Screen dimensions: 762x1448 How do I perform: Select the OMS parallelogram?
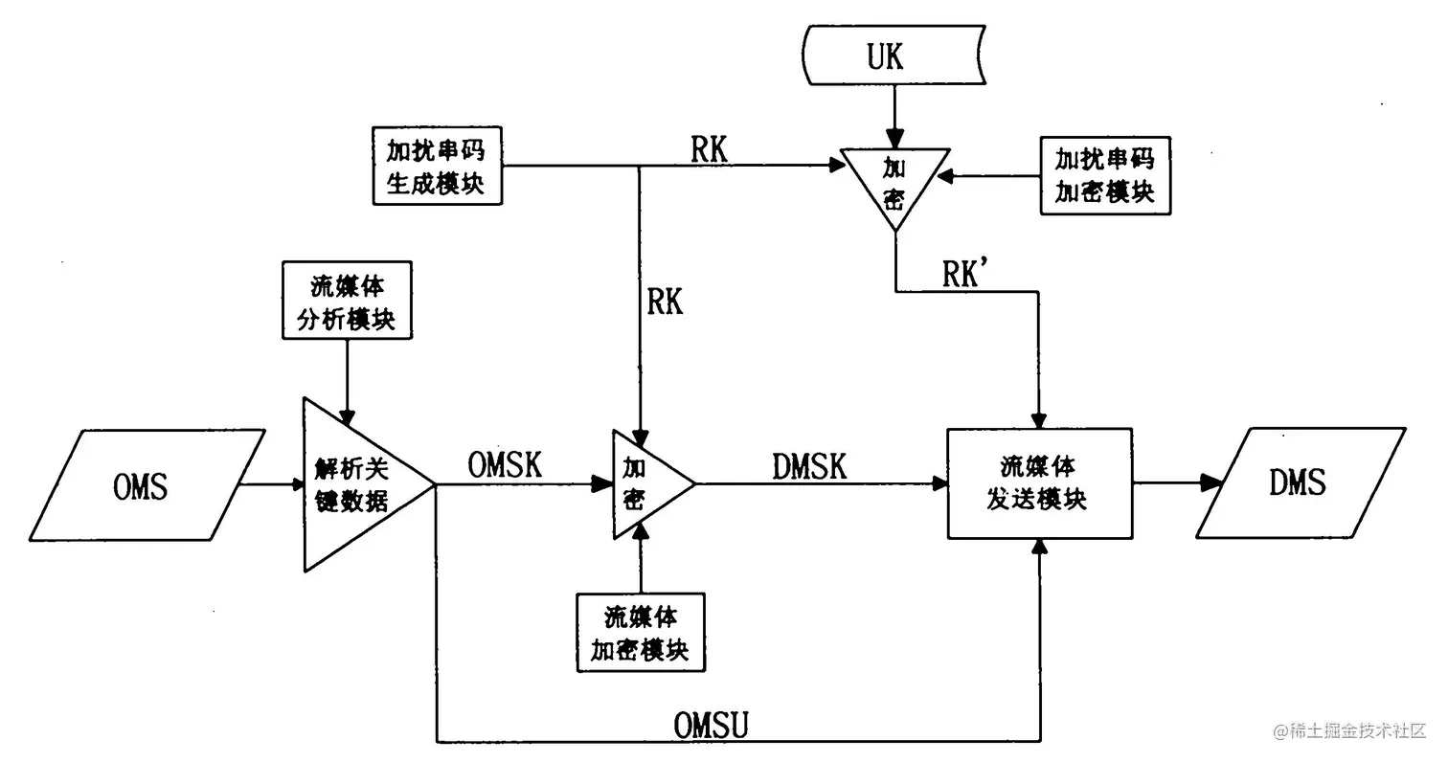(140, 483)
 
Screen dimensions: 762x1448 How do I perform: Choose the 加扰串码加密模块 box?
(1104, 175)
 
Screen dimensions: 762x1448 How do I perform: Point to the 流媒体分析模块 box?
(349, 300)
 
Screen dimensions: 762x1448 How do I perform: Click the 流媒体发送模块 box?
(1039, 483)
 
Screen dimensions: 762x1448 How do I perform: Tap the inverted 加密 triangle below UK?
(894, 181)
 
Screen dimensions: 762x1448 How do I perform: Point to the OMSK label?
(505, 465)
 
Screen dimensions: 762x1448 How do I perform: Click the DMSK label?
(809, 466)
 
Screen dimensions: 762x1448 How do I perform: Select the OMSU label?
(710, 726)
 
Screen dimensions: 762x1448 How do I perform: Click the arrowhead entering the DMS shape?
(1212, 483)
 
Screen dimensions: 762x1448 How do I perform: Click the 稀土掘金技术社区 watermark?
(1350, 731)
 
